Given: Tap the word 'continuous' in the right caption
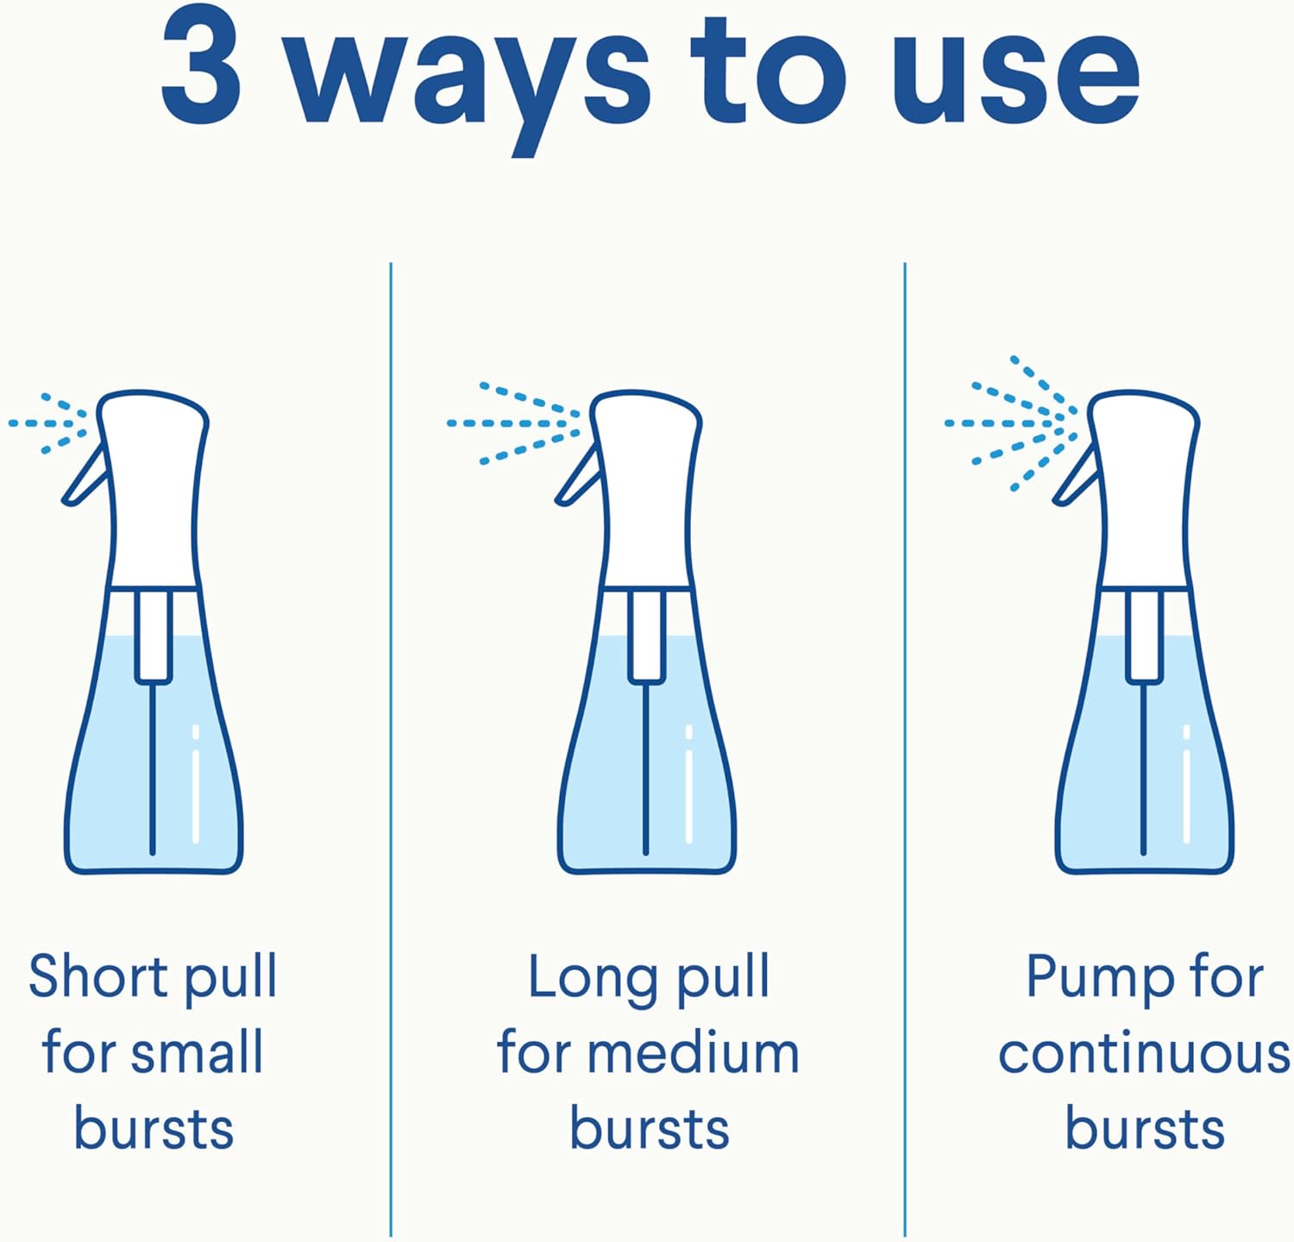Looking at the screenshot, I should [x=1144, y=1053].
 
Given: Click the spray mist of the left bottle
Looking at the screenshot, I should [x=50, y=423].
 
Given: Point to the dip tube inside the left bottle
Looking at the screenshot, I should [x=153, y=768].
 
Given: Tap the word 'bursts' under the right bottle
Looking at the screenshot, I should [x=1145, y=1128].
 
